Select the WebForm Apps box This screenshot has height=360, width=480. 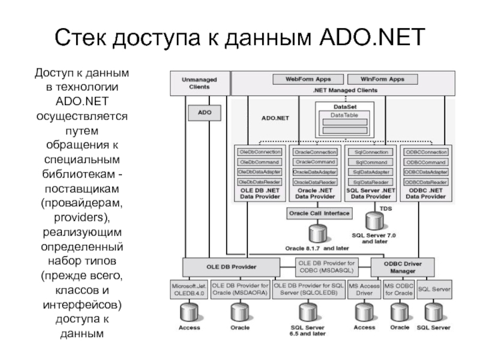pos(307,79)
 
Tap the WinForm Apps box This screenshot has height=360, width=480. pos(382,79)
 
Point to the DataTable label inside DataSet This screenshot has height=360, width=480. pos(344,115)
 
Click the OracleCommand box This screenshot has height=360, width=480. pos(315,162)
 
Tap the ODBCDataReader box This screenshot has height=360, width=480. pos(426,182)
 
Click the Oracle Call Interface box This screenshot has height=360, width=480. pos(319,213)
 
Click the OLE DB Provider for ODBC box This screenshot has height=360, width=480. pos(327,265)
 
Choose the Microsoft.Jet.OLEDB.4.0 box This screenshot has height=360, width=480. pos(189,290)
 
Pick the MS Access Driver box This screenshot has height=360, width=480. pos(365,290)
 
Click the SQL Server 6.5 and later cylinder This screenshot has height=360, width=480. pos(307,312)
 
